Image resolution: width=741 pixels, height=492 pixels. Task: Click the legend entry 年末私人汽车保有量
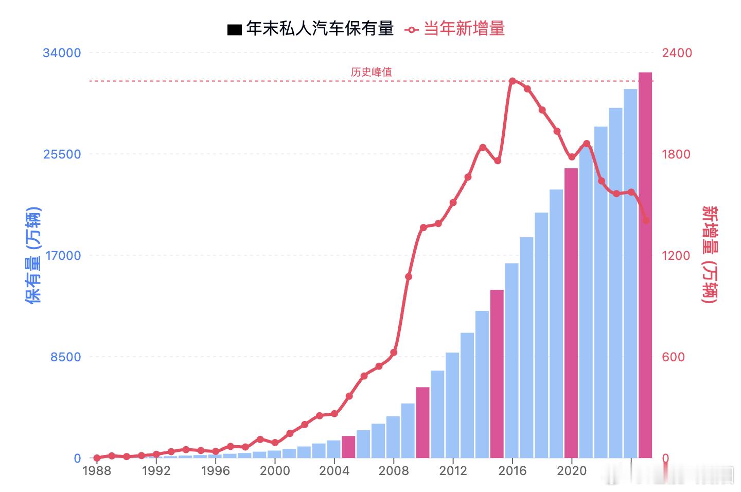310,29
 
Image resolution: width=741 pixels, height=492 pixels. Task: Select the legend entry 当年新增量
455,29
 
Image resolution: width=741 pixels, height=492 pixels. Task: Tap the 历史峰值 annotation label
371,72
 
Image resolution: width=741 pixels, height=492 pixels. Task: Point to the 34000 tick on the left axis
62,53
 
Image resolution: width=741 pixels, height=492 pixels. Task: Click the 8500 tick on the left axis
65,357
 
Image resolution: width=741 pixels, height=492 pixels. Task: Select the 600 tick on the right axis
673,357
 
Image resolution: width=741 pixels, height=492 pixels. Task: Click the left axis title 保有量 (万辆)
33,255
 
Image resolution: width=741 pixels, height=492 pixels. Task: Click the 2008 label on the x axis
394,471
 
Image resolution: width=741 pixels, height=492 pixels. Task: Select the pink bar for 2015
497,374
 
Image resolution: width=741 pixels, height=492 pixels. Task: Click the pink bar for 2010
422,422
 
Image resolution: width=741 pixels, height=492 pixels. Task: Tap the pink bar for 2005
348,447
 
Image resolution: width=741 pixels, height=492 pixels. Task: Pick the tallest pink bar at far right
645,265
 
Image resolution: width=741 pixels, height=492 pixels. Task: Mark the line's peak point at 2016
513,81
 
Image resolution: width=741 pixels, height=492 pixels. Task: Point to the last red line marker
646,220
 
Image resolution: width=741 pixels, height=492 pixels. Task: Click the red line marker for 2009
409,277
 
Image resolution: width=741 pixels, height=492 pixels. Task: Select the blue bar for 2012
452,405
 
